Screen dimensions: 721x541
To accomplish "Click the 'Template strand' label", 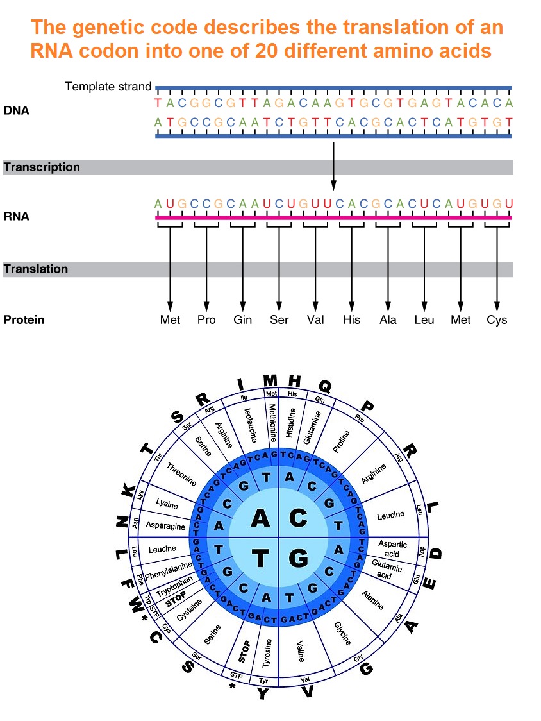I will (x=108, y=87).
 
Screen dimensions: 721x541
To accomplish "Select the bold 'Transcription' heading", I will (x=42, y=167).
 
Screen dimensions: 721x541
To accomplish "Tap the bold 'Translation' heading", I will (x=36, y=269).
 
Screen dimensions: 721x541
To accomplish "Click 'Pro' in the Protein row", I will (x=206, y=319).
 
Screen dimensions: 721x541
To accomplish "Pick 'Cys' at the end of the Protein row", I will (x=497, y=319).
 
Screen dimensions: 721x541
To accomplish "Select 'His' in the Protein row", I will (x=351, y=319).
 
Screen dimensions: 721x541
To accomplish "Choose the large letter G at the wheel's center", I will (x=298, y=559).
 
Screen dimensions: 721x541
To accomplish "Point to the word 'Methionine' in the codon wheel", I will (x=272, y=423).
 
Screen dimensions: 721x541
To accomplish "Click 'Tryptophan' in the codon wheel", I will (x=174, y=585).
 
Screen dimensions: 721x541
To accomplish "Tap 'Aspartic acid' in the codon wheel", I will (x=392, y=548).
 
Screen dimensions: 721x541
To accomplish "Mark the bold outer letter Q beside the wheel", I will (x=325, y=386).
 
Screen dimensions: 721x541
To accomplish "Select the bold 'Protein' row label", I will (x=24, y=319).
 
